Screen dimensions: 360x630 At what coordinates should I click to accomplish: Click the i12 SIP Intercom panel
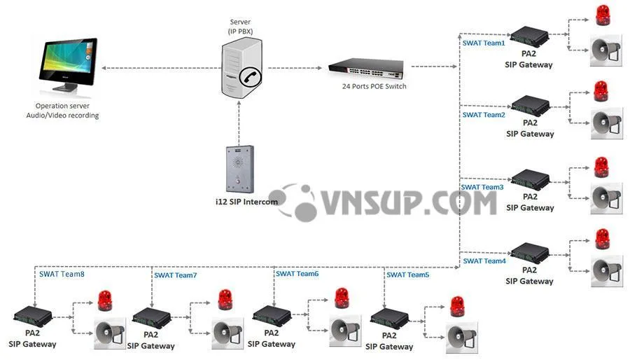239,168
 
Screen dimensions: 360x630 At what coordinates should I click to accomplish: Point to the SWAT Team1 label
483,43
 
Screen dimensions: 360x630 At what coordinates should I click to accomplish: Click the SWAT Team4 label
483,261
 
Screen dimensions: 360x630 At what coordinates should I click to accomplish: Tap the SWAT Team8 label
62,275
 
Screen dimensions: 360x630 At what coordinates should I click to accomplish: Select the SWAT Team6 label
297,274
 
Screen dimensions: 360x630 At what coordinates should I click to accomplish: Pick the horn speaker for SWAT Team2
606,123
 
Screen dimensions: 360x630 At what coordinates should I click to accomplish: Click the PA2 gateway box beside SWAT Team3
530,180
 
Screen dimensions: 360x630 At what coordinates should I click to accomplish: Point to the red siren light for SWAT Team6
342,298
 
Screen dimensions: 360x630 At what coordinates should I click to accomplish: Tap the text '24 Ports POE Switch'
374,87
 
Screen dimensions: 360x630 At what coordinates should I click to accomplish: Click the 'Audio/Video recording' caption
67,116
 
